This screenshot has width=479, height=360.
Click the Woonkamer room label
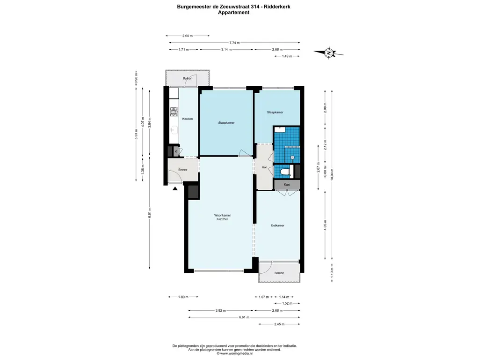coord(222,215)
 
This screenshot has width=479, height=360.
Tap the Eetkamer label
coord(278,225)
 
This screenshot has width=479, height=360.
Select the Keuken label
coord(188,119)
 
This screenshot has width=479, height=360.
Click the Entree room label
coord(183,170)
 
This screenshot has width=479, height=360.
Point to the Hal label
coord(264,167)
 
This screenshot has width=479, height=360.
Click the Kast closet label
coord(287,185)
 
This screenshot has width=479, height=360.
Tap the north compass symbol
coord(329,52)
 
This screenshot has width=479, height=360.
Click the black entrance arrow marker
coord(175,188)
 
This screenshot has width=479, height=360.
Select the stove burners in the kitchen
coord(174,112)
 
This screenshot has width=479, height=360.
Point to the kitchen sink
coord(174,130)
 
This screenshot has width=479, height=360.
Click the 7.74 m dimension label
coord(235,43)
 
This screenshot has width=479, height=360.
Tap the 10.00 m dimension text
coord(332,174)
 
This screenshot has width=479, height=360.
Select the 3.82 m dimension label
coord(221,310)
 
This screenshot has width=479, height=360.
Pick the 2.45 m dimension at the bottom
coord(279,324)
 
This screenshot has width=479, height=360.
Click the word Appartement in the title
coord(234,13)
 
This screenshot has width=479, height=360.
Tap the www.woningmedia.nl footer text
coord(235,353)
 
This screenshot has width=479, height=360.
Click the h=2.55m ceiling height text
coord(222,219)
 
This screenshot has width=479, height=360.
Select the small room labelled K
coord(176,151)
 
